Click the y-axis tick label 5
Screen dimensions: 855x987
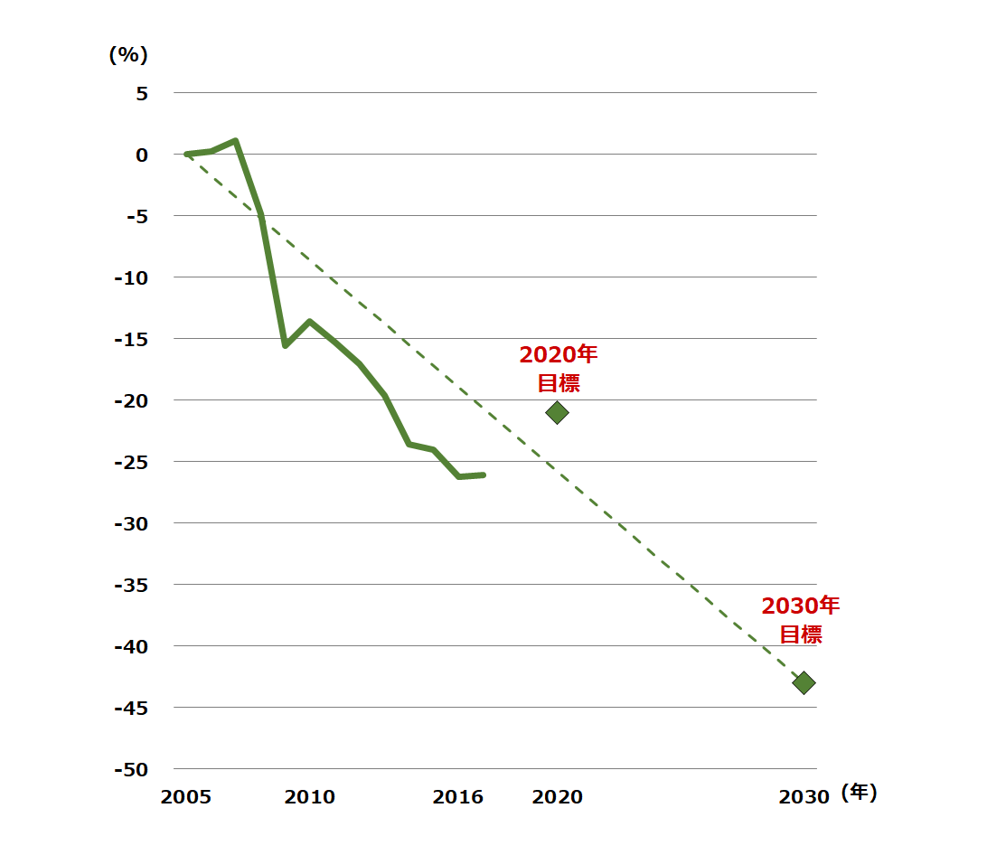[141, 93]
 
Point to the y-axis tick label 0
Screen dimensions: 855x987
[141, 155]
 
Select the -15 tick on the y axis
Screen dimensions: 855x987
[130, 339]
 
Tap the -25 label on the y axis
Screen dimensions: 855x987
[130, 462]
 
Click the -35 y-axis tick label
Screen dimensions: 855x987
[130, 585]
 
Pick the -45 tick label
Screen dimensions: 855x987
[130, 708]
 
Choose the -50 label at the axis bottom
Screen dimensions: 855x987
[130, 769]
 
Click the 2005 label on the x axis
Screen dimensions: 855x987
[186, 797]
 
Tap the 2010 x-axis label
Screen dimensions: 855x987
[309, 797]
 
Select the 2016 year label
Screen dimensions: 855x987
[458, 797]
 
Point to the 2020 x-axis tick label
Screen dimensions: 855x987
[557, 797]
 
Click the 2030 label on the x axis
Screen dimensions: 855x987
[804, 797]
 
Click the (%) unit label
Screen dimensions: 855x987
[127, 55]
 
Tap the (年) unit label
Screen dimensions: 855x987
[859, 794]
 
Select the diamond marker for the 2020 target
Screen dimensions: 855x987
[557, 413]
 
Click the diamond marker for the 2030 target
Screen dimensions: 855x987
[804, 682]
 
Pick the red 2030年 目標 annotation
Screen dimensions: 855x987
[801, 619]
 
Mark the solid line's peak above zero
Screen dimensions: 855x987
[235, 141]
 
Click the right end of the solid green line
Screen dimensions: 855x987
[484, 474]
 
